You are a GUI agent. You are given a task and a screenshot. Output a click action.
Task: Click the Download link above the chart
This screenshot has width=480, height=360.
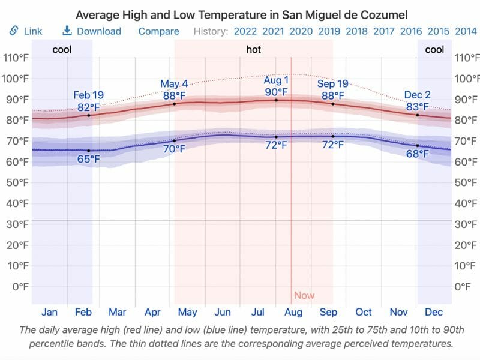92,31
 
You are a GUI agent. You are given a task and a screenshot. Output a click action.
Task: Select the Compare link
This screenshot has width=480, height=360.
158,31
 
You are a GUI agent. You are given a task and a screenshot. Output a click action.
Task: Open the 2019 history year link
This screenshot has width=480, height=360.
329,31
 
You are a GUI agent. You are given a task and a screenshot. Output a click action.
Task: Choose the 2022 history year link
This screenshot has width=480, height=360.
245,31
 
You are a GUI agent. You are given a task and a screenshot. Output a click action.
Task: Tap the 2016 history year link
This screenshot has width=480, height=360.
411,31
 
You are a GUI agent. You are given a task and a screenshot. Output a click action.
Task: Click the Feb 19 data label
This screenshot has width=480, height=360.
89,95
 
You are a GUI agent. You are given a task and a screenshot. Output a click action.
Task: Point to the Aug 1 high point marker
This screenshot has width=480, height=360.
276,100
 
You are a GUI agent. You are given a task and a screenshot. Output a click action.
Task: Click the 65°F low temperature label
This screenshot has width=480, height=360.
89,159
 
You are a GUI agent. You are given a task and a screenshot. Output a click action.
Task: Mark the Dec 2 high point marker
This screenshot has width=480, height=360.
418,115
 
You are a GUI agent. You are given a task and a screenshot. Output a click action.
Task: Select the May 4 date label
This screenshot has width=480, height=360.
174,84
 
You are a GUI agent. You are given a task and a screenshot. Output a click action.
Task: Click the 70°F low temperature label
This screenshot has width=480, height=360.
174,149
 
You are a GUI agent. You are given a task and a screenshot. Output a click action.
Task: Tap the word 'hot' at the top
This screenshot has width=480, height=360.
254,50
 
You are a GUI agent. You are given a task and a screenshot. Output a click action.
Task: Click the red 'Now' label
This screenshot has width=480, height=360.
304,295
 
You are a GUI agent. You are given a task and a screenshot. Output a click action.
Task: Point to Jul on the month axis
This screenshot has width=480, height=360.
258,312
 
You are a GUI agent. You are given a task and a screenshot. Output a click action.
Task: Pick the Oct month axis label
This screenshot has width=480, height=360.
364,312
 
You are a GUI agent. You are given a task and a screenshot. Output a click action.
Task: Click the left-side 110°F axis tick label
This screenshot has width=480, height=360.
16,58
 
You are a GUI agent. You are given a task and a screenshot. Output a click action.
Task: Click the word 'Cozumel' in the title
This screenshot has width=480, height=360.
384,14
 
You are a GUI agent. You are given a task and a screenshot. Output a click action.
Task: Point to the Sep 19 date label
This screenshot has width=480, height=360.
333,84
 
